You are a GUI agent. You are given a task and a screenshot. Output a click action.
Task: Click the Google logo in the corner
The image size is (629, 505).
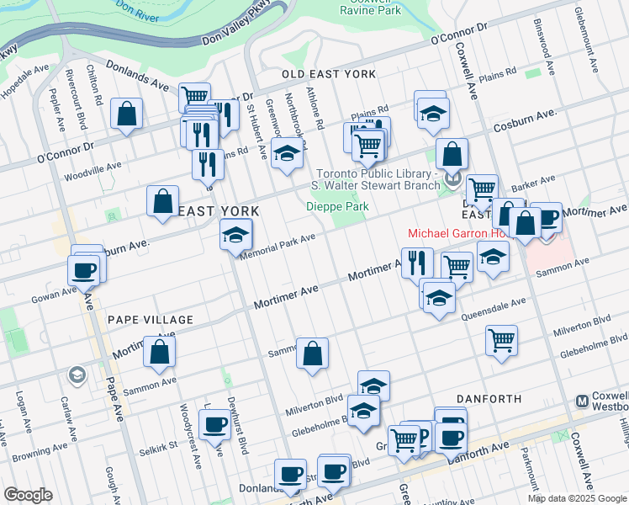pos(28,495)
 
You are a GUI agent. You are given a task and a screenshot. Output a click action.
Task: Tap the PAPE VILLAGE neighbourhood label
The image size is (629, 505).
pos(151,320)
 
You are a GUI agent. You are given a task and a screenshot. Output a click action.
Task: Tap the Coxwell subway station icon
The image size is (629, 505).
pos(581,401)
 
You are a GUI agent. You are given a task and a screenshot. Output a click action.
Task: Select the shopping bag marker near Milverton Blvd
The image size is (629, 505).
pos(312,354)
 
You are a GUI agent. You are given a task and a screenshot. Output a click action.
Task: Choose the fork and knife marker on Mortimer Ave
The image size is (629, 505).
pos(416,263)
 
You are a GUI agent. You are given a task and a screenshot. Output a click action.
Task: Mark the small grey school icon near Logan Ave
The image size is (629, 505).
pos(77,374)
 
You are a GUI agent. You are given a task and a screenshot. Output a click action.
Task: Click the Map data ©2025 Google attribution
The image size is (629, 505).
pos(576,497)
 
